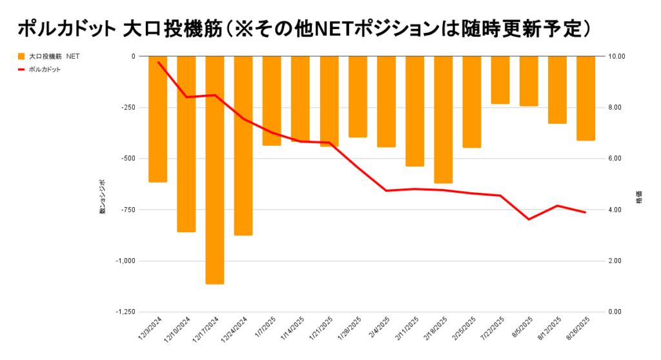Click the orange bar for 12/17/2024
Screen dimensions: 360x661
(215, 170)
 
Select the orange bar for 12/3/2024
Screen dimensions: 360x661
(158, 119)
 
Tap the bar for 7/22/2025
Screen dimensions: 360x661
(500, 80)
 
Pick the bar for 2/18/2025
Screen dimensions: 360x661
(443, 119)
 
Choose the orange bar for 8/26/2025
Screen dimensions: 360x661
(585, 98)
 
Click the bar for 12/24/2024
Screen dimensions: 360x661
(243, 145)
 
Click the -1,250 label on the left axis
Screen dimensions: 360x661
(125, 312)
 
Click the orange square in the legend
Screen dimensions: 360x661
(21, 56)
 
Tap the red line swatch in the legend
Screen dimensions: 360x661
(21, 69)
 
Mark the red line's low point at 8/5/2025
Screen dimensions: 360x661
(529, 219)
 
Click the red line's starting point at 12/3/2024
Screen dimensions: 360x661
(158, 62)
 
